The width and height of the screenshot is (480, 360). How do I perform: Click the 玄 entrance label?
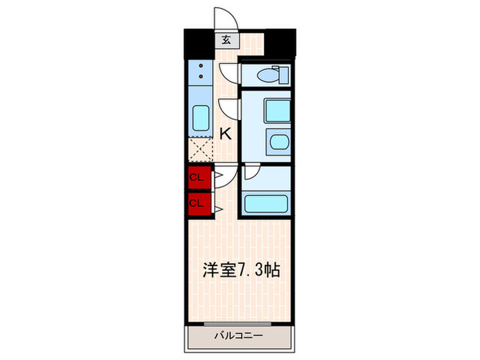226,39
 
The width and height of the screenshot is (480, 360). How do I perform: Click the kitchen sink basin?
200,118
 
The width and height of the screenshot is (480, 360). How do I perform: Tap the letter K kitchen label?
225,134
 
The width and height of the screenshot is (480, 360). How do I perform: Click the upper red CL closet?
197,178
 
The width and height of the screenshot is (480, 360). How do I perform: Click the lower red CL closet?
197,202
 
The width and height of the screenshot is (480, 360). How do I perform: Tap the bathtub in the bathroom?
266,203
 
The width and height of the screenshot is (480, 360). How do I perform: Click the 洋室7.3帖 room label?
239,270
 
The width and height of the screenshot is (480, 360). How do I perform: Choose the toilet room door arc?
228,71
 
